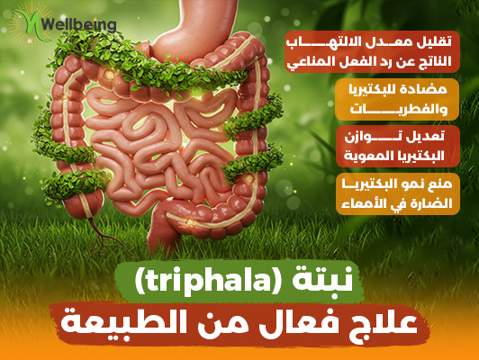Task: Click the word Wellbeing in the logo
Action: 79,23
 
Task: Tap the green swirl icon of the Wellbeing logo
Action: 30,24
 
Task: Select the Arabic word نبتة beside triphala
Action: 322,280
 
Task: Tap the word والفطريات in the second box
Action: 399,109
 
